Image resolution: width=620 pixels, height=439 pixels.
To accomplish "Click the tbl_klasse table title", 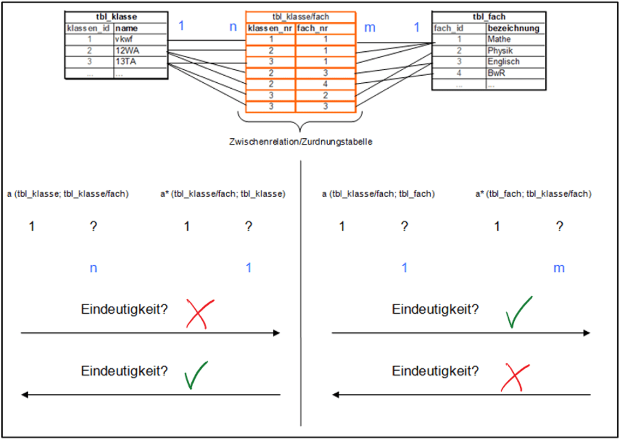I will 116,17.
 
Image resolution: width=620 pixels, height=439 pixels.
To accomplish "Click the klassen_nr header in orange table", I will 270,28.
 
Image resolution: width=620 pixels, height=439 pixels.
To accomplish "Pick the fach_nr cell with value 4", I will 325,84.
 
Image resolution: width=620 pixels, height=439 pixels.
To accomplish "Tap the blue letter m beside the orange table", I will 370,27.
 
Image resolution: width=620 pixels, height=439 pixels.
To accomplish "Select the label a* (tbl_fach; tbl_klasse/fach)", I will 533,193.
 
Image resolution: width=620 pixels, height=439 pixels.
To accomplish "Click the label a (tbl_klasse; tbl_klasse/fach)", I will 68,193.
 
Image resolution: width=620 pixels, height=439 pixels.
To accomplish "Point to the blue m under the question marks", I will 559,268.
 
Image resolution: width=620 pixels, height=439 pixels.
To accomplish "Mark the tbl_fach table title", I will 488,17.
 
